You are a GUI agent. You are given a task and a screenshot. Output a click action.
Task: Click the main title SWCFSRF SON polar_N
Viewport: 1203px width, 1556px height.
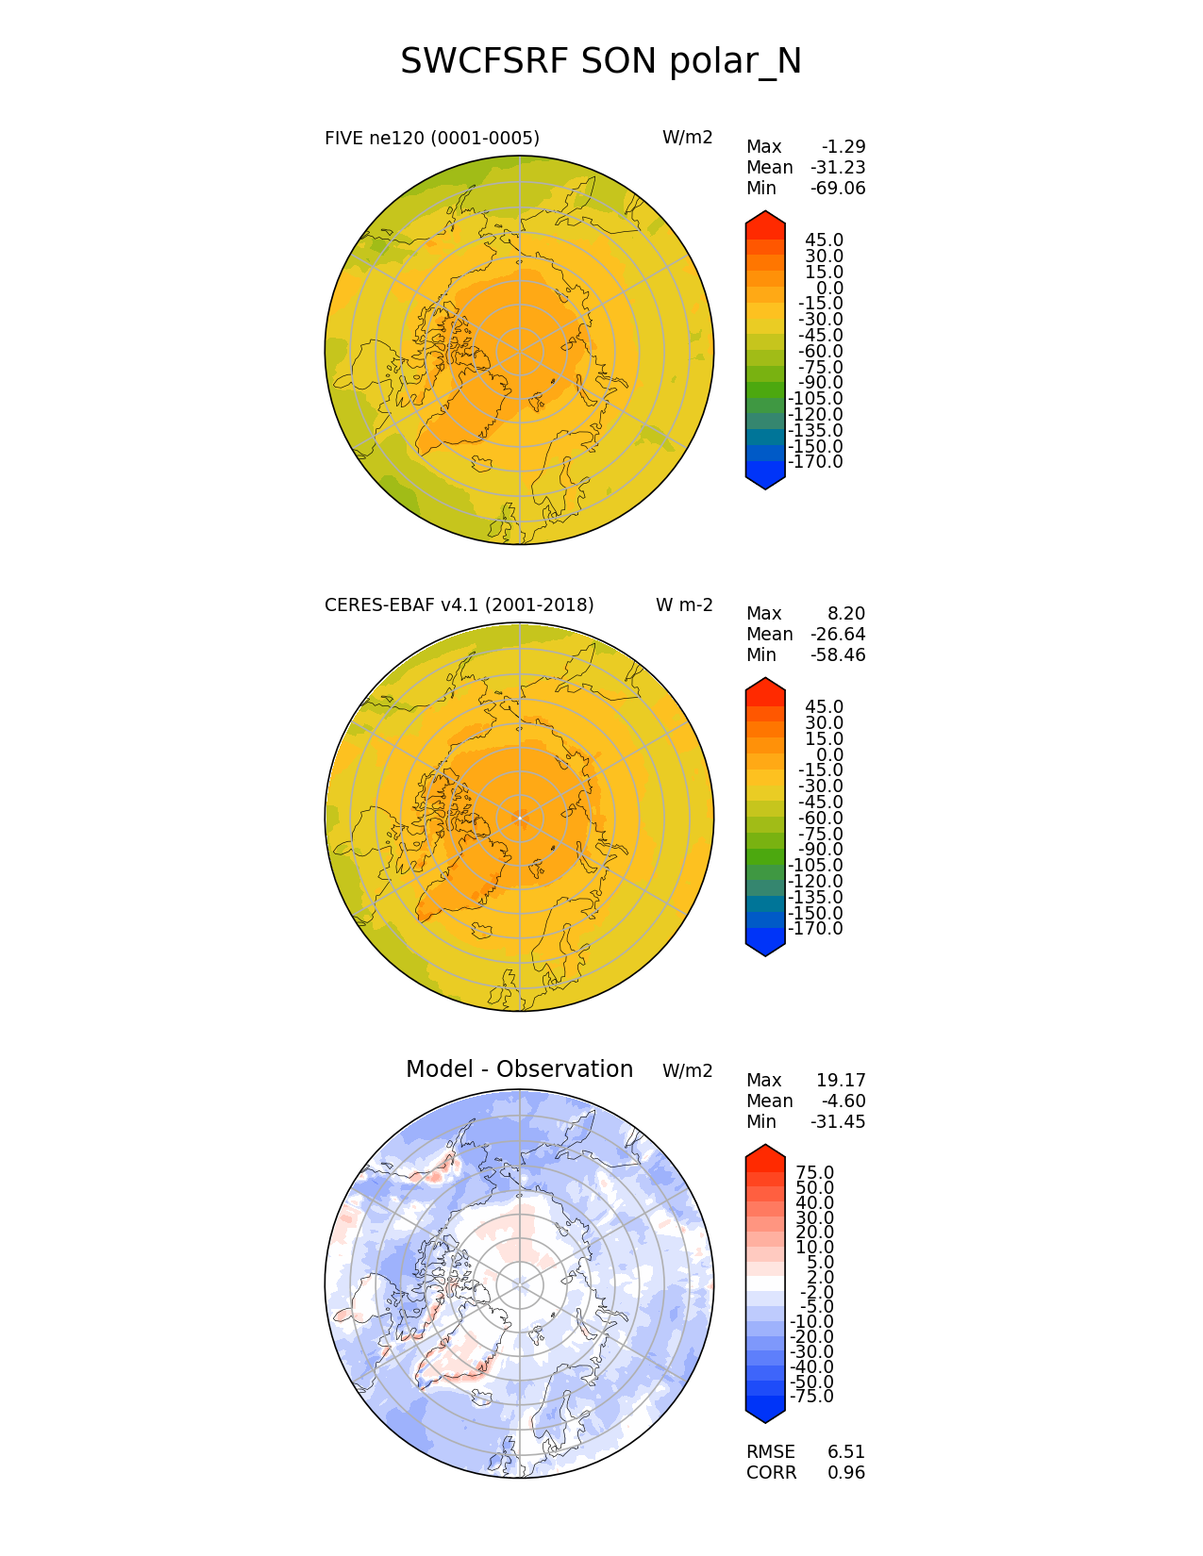601,61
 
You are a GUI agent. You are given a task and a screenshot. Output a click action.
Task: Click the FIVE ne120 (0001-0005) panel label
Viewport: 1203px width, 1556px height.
431,139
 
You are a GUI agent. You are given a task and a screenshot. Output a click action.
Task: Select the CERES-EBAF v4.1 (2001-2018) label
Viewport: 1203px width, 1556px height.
459,605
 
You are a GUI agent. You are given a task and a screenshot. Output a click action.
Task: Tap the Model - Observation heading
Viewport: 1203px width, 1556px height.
519,1069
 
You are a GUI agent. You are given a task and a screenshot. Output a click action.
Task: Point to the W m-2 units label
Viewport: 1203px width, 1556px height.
684,605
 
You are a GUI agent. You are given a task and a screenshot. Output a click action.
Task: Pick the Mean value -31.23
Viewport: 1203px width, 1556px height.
838,168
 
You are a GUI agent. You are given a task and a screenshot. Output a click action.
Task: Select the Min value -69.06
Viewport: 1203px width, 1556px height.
838,189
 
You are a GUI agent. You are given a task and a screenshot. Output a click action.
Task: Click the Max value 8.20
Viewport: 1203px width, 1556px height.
846,614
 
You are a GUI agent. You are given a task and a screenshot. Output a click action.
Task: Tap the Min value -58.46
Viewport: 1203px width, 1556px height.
838,655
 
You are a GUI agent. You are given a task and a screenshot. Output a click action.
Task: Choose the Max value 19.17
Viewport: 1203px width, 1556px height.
841,1081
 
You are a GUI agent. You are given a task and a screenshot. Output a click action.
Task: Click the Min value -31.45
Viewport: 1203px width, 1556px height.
838,1122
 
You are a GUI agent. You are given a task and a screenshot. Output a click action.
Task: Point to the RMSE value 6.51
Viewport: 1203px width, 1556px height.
846,1452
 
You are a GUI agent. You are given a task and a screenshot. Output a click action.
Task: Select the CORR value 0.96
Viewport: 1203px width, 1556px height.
846,1473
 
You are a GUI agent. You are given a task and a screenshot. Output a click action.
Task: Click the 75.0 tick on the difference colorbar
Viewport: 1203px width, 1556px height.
814,1173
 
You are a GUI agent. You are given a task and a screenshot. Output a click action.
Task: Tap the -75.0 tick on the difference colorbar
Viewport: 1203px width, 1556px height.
811,1397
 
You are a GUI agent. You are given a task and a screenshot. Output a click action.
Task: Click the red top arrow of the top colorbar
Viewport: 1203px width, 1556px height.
765,223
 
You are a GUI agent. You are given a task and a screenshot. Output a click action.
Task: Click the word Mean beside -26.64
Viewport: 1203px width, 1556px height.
769,635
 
